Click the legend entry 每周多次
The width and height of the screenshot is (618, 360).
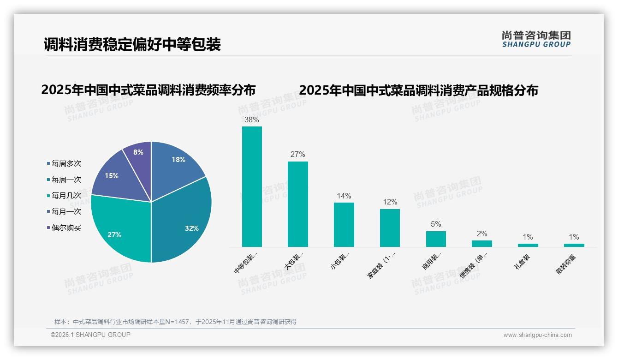[x=65, y=164]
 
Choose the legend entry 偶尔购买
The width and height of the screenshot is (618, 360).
[x=65, y=228]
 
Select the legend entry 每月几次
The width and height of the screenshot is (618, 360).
[x=65, y=196]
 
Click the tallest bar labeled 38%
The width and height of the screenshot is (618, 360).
[x=252, y=186]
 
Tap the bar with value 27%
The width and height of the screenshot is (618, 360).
[x=297, y=204]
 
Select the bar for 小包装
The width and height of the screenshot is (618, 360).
[x=344, y=224]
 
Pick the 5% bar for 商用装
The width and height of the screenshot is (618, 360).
[x=436, y=239]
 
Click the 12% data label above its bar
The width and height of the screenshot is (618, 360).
[x=390, y=202]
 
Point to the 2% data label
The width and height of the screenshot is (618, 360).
[x=482, y=234]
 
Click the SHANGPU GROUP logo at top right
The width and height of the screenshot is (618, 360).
[x=536, y=39]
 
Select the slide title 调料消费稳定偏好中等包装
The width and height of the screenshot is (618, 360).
[x=132, y=44]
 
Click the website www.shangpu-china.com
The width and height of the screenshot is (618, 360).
[x=537, y=335]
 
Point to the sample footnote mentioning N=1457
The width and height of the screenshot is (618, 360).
[x=175, y=322]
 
